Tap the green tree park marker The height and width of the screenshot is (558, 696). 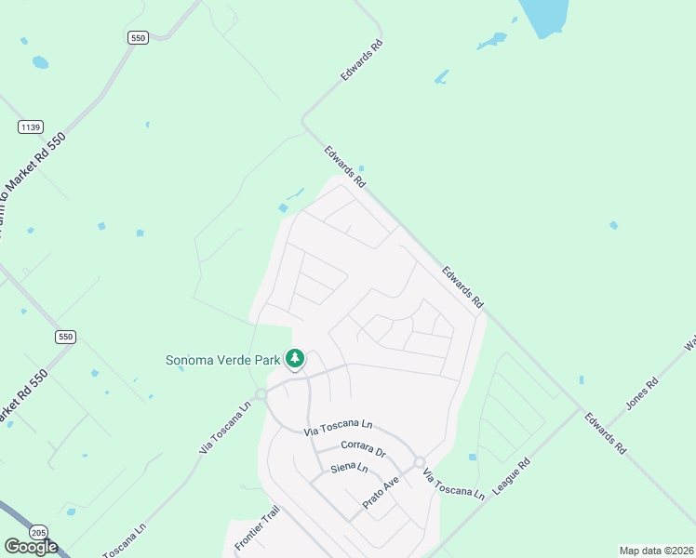(295, 358)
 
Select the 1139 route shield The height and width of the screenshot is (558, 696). (31, 126)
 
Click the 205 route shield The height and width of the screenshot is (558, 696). (38, 532)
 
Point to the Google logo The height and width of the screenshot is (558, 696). (31, 547)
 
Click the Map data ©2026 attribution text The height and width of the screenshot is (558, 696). (655, 551)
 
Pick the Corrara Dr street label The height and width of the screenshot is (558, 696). (363, 449)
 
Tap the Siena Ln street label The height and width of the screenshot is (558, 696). (349, 470)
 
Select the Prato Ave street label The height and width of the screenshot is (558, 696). (380, 498)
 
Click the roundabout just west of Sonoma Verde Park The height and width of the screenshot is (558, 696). (261, 394)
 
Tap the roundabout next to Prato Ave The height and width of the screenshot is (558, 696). (420, 462)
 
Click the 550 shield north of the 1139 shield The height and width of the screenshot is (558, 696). (138, 37)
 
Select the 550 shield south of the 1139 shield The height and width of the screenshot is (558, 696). (64, 337)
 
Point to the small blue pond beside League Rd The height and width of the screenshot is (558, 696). (473, 457)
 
